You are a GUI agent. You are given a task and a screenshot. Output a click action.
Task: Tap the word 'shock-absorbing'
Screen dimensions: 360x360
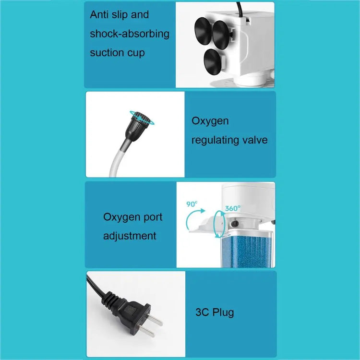pos(130,34)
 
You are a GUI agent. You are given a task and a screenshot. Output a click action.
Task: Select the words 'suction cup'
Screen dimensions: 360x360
pos(117,53)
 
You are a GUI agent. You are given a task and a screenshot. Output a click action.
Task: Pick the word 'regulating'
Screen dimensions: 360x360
pos(216,140)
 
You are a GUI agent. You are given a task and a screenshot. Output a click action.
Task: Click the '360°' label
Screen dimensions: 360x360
pos(233,209)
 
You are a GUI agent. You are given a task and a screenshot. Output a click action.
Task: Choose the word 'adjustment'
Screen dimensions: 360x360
pos(130,236)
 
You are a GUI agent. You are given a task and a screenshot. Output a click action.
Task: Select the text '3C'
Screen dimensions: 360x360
pos(202,313)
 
